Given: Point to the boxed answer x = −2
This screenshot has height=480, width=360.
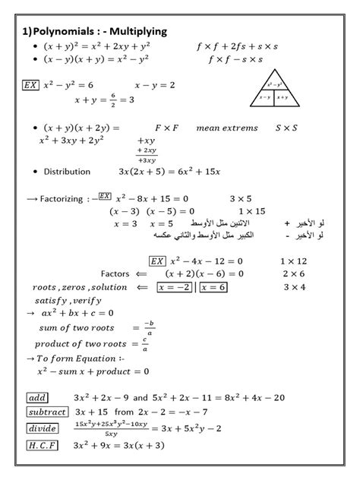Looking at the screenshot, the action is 174,287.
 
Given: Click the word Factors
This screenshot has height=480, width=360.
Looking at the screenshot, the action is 115,273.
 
